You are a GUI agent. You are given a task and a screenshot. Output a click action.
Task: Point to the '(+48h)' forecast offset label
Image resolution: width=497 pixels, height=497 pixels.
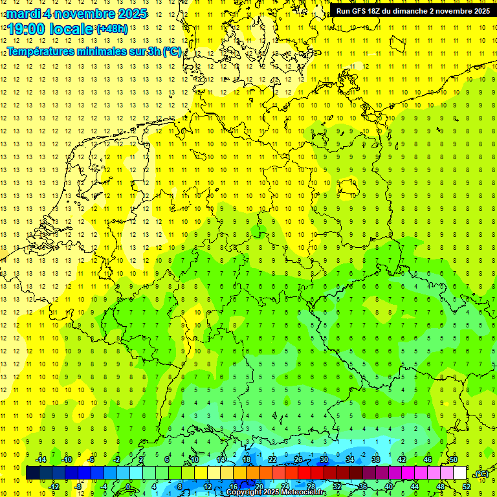click(112, 29)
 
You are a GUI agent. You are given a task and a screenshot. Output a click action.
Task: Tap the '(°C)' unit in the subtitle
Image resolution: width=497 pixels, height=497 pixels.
click(171, 52)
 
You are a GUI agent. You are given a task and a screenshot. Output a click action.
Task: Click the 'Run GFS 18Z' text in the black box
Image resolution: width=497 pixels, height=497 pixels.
click(359, 11)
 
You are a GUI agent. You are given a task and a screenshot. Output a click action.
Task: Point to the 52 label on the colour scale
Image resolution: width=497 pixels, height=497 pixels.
click(467, 487)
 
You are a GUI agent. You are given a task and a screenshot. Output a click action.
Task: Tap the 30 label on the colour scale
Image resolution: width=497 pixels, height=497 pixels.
click(324, 459)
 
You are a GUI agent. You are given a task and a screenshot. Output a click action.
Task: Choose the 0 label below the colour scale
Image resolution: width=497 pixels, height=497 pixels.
click(127, 487)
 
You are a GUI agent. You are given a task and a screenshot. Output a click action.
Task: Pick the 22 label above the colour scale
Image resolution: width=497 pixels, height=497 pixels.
click(272, 459)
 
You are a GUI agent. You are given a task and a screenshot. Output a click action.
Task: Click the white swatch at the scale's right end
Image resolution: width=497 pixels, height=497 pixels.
click(460, 473)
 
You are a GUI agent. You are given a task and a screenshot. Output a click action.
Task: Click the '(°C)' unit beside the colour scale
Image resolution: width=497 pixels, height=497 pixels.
click(481, 474)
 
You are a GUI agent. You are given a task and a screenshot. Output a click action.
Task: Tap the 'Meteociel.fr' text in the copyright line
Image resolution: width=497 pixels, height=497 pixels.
click(304, 492)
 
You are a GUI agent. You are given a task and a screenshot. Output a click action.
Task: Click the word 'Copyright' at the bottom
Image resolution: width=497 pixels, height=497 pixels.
click(243, 492)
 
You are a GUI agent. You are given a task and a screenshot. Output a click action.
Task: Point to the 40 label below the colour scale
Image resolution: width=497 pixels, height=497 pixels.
click(389, 487)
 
